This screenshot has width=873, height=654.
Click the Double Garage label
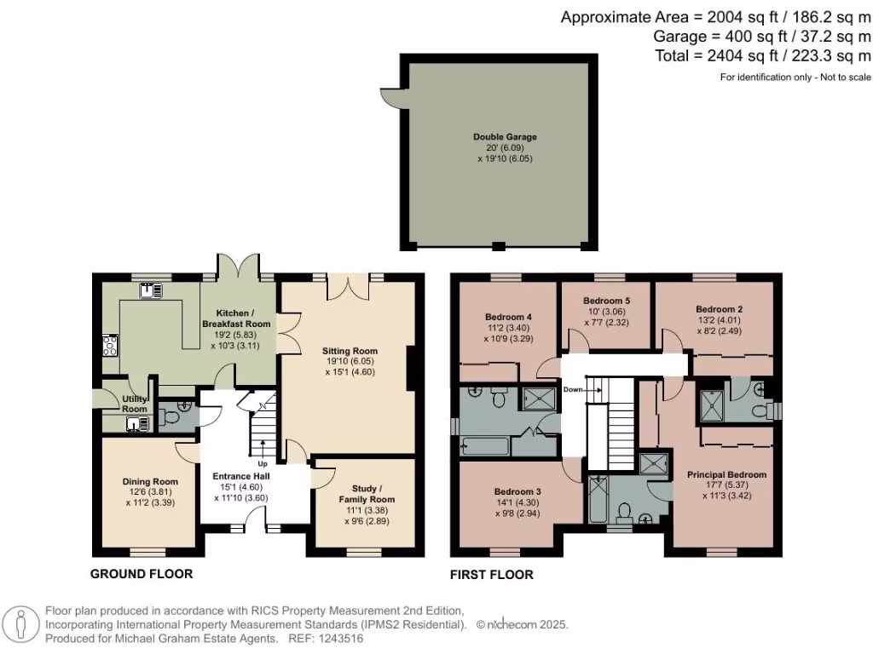(x=505, y=136)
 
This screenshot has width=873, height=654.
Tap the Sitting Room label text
(x=350, y=351)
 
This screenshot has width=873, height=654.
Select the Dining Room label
(x=149, y=482)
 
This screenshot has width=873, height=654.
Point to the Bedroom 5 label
(x=606, y=301)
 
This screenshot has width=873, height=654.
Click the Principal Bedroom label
(x=726, y=474)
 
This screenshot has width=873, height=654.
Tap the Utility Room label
(x=135, y=404)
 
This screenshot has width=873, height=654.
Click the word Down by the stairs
(x=574, y=389)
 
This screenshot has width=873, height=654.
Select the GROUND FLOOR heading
(x=142, y=574)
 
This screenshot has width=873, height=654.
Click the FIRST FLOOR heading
(x=492, y=575)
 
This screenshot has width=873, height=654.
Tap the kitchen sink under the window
(x=153, y=291)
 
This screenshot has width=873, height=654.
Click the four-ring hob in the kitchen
(x=110, y=345)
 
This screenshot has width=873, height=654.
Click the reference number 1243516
(x=340, y=638)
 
